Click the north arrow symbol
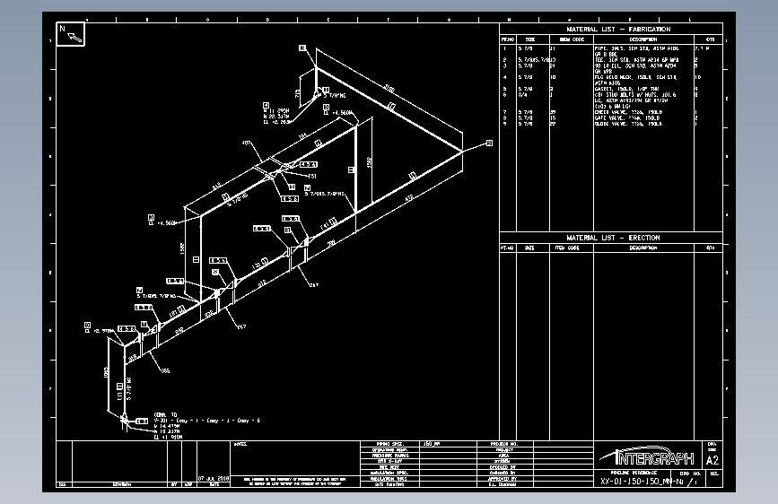pyautogui.click(x=71, y=34)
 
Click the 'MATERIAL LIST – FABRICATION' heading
pyautogui.click(x=611, y=30)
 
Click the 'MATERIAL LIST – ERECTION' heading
pyautogui.click(x=612, y=238)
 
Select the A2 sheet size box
pyautogui.click(x=713, y=459)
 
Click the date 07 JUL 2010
pyautogui.click(x=214, y=478)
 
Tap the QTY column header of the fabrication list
pyautogui.click(x=709, y=39)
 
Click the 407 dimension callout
pyautogui.click(x=247, y=143)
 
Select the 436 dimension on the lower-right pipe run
pyautogui.click(x=409, y=197)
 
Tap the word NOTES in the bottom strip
pyautogui.click(x=240, y=444)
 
